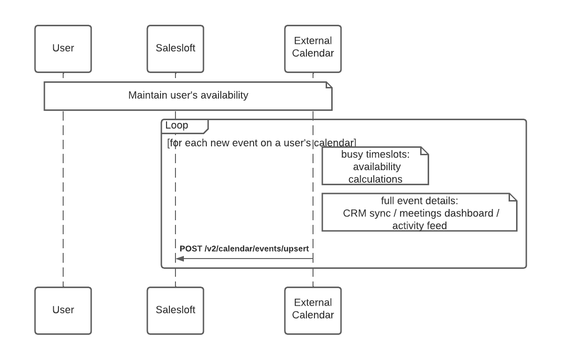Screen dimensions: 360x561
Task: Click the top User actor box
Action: pos(63,49)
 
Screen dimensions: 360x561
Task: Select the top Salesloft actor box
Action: pos(175,49)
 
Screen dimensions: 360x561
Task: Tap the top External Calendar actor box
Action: pos(313,49)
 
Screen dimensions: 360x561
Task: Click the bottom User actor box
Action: pos(63,310)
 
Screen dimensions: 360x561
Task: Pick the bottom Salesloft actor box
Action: pos(175,310)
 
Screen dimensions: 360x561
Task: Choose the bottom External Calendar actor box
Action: pos(313,310)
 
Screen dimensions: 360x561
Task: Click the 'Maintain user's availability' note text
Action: pos(188,95)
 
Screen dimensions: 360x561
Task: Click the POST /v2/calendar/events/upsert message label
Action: pos(244,249)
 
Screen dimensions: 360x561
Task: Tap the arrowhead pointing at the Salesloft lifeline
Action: pos(180,259)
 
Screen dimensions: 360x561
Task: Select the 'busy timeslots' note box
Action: pos(375,166)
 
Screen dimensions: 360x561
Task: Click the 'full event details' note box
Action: pos(419,212)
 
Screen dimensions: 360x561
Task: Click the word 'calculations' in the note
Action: pos(375,179)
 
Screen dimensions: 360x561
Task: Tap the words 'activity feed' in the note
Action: pos(419,225)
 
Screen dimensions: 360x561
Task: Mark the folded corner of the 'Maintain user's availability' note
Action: pos(328,85)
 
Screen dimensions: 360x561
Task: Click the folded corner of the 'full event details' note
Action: pos(513,197)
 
